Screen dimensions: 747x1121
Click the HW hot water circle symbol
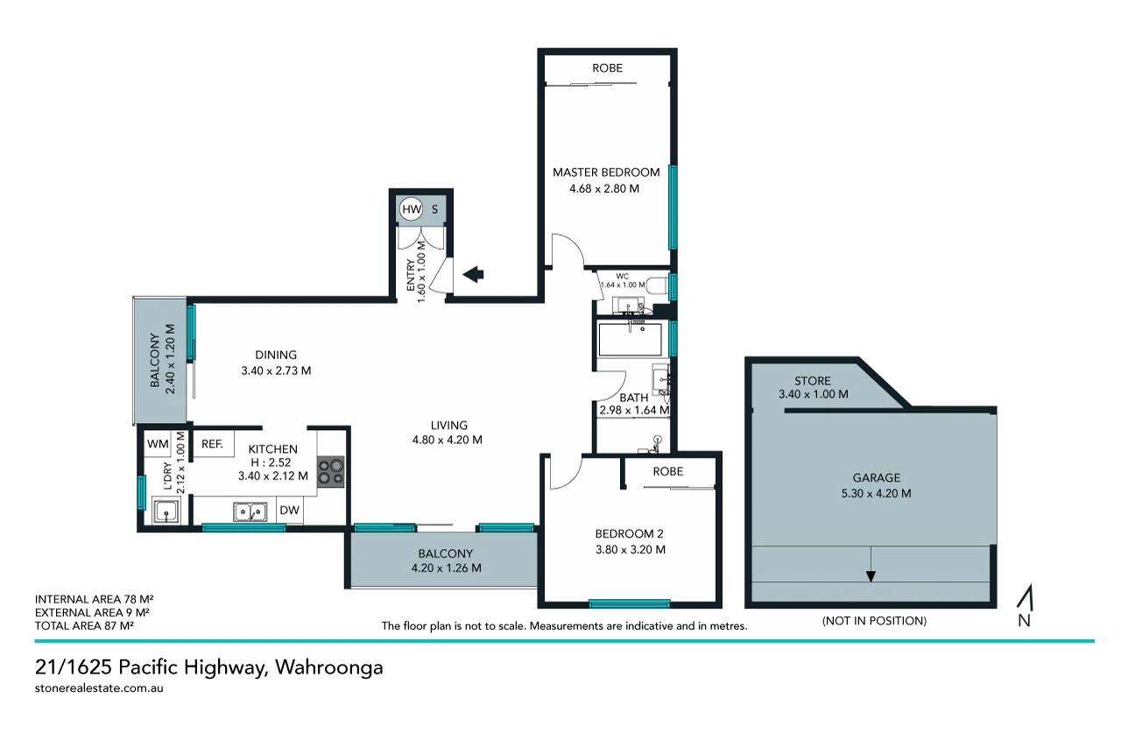coord(411,210)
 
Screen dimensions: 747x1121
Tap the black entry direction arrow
coord(473,275)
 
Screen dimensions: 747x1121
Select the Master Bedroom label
coord(606,173)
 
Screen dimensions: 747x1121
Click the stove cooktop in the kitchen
coord(330,470)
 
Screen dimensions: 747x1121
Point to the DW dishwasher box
coord(289,511)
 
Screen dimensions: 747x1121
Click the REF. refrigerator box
coord(213,444)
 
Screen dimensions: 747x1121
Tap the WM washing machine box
coord(158,444)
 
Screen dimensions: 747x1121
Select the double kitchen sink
coord(250,511)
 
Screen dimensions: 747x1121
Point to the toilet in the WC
coord(655,284)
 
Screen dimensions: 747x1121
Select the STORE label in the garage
coord(812,381)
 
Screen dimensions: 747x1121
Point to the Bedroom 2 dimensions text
coord(630,550)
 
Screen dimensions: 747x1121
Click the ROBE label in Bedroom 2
coord(667,471)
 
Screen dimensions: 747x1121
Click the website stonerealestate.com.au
coord(99,688)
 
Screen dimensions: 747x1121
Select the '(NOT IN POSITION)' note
coord(873,621)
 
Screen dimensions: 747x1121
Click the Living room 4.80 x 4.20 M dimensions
coord(448,440)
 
